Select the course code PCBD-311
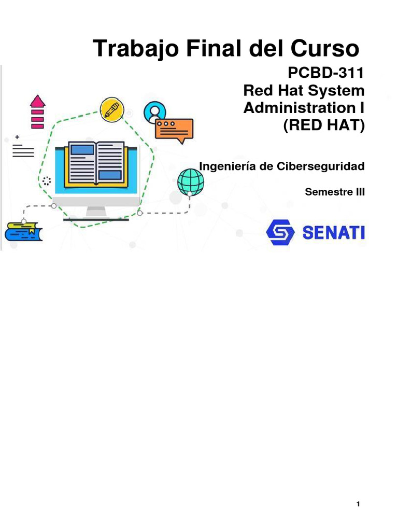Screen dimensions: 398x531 pos(330,73)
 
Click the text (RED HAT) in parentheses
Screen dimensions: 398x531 pos(324,125)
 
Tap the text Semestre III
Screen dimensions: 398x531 pos(335,192)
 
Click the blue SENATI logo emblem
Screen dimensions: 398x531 pos(280,232)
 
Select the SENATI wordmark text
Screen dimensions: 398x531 pos(333,233)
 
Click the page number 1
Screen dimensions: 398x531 pos(358,504)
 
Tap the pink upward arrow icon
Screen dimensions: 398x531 pos(37,111)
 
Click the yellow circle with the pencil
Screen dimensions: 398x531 pos(112,108)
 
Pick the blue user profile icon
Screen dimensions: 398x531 pos(155,111)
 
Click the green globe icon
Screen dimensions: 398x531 pos(190,181)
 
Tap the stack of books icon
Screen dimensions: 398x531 pos(23,231)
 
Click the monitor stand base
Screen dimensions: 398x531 pos(96,218)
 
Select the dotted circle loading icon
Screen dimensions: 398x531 pos(47,181)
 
